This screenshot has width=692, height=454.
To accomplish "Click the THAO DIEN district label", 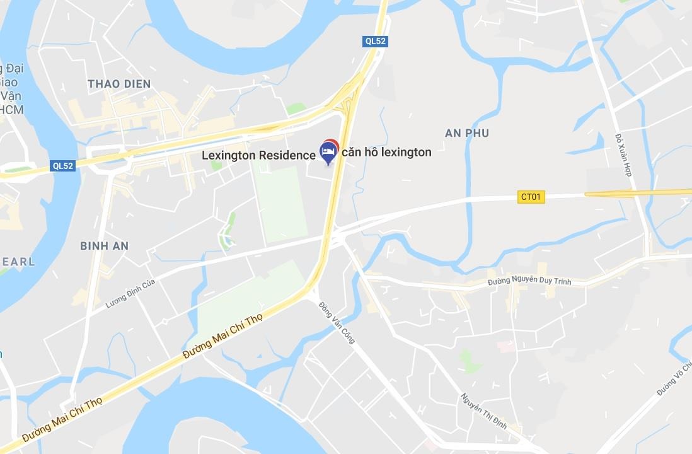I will coord(119,84).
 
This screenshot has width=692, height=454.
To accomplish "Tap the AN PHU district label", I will coord(466,133).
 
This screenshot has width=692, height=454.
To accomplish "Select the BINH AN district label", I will coord(104,247).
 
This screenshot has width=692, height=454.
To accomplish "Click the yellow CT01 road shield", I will coord(531,197).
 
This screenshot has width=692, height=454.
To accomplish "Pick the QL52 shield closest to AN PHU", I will coord(376,42).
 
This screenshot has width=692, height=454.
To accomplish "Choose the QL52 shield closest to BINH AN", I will coord(63,166).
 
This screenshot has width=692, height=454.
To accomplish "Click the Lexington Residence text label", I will coord(258,155).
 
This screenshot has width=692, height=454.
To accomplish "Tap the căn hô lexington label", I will coord(386,152).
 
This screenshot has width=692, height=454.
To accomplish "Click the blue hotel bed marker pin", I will coord(327,152).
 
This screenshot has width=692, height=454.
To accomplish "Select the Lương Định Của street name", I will coord(130,294).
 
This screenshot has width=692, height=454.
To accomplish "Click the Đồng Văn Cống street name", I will coord(337,323).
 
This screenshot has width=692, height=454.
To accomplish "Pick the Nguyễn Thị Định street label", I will coord(483,411).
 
